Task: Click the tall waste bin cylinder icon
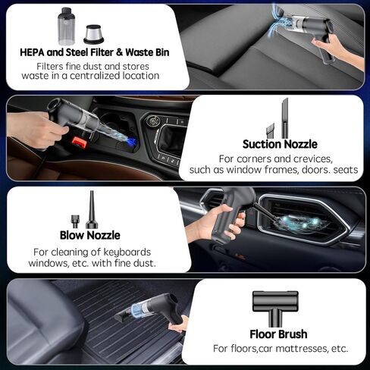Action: coord(66,27)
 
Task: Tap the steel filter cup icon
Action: coord(93,34)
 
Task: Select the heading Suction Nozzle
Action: coord(280,144)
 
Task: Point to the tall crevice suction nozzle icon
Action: coord(285,118)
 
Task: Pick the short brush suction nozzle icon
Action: coord(270,130)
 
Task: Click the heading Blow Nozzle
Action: coord(90,235)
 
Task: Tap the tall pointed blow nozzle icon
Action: coord(92,210)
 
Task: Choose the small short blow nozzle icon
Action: coord(75,221)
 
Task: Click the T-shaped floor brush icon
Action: coord(275,309)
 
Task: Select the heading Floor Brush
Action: coord(278,334)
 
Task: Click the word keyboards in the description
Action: coord(127,252)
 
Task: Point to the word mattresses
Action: coord(302,349)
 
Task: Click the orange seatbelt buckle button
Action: coord(80,143)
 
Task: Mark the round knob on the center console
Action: coord(152,121)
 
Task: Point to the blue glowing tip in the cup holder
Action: coord(131,142)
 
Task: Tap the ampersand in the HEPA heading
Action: coord(119,52)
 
